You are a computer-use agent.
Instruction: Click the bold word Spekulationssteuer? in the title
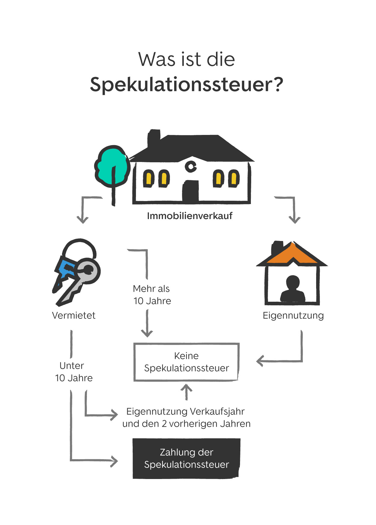tap(186, 84)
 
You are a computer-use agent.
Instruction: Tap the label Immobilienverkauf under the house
tap(190, 216)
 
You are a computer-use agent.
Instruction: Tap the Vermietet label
tap(74, 316)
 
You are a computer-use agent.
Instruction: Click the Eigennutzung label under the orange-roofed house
tap(293, 316)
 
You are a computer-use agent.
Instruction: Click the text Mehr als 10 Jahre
tap(152, 295)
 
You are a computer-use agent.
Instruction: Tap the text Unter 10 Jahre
tap(74, 372)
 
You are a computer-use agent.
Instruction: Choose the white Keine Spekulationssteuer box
tap(186, 362)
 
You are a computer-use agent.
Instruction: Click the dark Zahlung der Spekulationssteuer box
tap(186, 459)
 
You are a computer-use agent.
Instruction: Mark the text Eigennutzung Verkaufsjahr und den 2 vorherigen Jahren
tap(186, 418)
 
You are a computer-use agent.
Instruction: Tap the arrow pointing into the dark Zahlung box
tap(93, 460)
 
